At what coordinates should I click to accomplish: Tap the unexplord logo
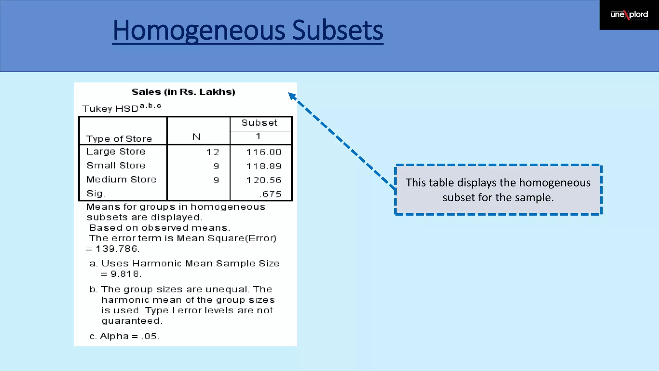point(629,15)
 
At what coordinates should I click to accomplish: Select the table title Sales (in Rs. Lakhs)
point(183,92)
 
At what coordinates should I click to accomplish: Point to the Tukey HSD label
point(111,109)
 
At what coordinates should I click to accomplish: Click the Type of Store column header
point(119,139)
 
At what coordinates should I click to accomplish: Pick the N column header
point(197,137)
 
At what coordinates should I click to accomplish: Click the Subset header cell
point(259,123)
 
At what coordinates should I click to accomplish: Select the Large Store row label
point(116,152)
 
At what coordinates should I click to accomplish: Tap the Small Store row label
point(116,166)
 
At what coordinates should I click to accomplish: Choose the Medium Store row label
point(122,179)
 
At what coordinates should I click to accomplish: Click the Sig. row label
point(96,194)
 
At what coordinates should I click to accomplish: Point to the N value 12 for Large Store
point(213,152)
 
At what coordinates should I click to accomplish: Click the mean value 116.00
point(264,152)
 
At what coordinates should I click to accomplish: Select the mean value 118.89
point(264,166)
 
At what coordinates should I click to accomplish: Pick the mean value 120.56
point(264,180)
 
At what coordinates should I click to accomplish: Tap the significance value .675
point(270,194)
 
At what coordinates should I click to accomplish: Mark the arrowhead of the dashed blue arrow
point(292,96)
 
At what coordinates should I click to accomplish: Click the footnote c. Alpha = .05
point(125,336)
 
